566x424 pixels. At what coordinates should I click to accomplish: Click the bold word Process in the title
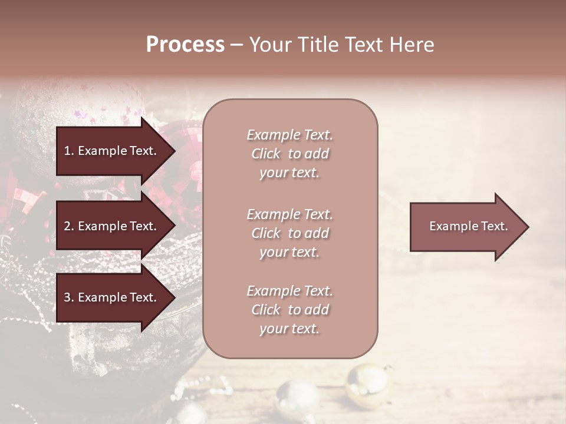pyautogui.click(x=185, y=45)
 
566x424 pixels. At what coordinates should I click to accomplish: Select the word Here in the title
pyautogui.click(x=412, y=45)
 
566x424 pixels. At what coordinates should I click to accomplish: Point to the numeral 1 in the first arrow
pyautogui.click(x=67, y=151)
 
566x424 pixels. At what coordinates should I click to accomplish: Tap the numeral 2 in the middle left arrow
pyautogui.click(x=67, y=226)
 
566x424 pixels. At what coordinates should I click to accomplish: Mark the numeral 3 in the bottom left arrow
pyautogui.click(x=67, y=297)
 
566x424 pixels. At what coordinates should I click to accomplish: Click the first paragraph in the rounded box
pyautogui.click(x=289, y=154)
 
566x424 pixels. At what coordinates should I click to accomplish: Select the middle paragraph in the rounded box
pyautogui.click(x=289, y=233)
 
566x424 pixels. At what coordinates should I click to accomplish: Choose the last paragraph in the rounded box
pyautogui.click(x=289, y=310)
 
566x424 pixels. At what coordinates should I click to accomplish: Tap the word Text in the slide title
pyautogui.click(x=366, y=45)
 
